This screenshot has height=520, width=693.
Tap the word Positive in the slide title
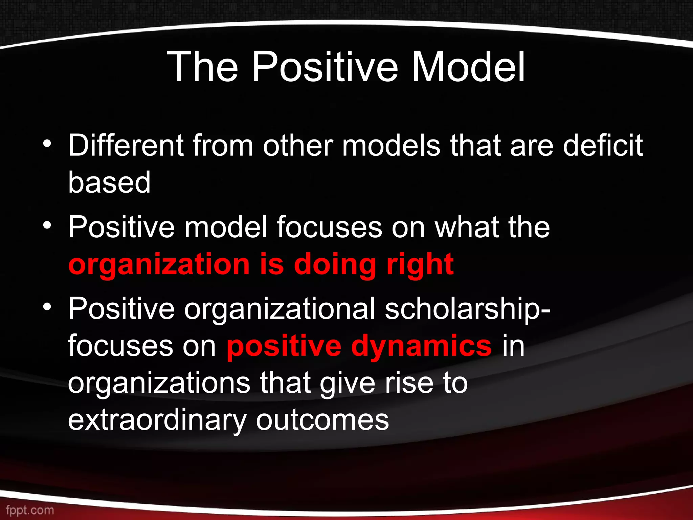pos(325,67)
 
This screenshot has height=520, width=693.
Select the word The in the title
pos(202,67)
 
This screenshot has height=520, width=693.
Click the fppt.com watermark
pos(30,510)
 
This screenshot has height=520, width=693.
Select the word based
pos(109,182)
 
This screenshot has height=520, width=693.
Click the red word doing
pos(335,265)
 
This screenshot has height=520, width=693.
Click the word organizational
pos(280,309)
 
